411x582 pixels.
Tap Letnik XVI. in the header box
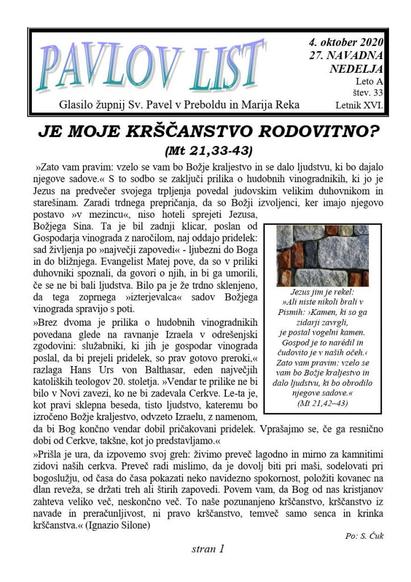tap(359, 105)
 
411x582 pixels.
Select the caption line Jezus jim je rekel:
tap(322, 292)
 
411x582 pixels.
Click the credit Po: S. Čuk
tap(364, 536)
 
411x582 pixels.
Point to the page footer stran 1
tap(208, 549)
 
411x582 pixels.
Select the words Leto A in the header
tap(371, 81)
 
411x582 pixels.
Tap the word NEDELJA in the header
tap(356, 69)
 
